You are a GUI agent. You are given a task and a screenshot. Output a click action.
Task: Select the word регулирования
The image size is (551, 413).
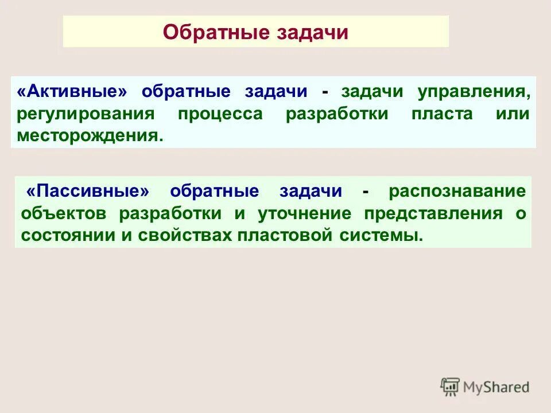click(x=86, y=114)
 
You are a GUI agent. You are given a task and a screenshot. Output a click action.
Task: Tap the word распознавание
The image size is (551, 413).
click(x=457, y=191)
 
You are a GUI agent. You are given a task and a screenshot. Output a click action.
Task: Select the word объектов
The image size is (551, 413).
click(x=64, y=213)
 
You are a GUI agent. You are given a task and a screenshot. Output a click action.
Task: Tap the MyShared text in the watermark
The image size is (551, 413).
click(x=496, y=387)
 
